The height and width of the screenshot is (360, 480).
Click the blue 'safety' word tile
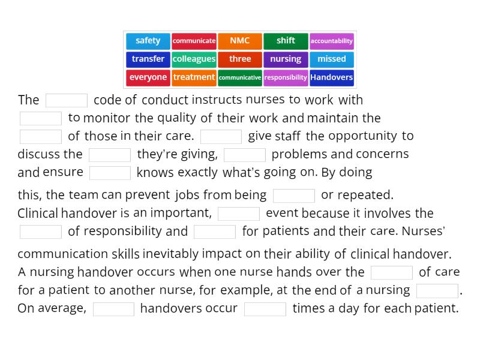point(148,41)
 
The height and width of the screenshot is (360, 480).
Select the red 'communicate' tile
point(194,41)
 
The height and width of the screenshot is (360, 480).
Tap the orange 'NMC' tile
point(240,41)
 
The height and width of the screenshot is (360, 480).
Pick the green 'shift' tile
point(286,41)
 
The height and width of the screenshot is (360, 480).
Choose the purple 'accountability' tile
point(332,41)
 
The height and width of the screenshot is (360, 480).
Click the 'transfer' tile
point(148,59)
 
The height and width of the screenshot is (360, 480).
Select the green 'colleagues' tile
point(194,59)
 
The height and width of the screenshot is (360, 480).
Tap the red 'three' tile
point(240,59)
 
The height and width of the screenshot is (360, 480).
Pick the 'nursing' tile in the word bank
point(286,59)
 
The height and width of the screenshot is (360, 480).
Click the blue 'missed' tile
point(332,59)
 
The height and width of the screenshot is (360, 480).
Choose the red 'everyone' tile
point(148,77)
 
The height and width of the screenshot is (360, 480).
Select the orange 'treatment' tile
point(194,77)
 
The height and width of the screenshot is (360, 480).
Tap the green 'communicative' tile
point(240,77)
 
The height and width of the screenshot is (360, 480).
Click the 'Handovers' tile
point(332,77)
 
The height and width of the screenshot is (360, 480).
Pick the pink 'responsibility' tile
point(286,77)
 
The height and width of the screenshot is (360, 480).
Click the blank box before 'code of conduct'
point(67,100)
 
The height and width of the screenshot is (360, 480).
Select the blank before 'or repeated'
point(294,196)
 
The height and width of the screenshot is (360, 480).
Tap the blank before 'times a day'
point(265,309)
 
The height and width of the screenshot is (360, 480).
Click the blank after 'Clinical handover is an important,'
point(239,214)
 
